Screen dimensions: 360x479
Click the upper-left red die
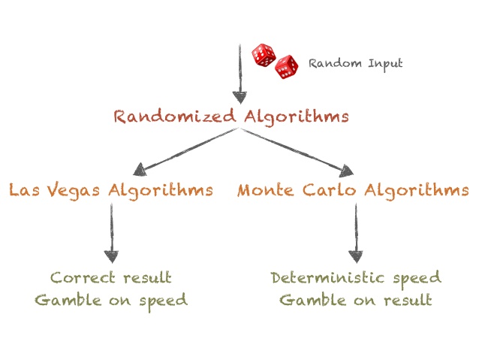coord(263,54)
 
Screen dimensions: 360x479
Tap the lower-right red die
coord(287,68)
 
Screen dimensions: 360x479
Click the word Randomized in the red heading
coord(166,117)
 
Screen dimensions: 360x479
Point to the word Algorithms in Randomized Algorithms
coord(288,117)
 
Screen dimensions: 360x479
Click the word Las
coord(25,189)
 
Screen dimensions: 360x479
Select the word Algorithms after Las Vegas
coord(161,189)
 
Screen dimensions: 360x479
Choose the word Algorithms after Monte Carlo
coord(417,189)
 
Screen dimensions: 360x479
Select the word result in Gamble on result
coord(408,301)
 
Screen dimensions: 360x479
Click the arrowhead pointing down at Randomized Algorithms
coord(239,97)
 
